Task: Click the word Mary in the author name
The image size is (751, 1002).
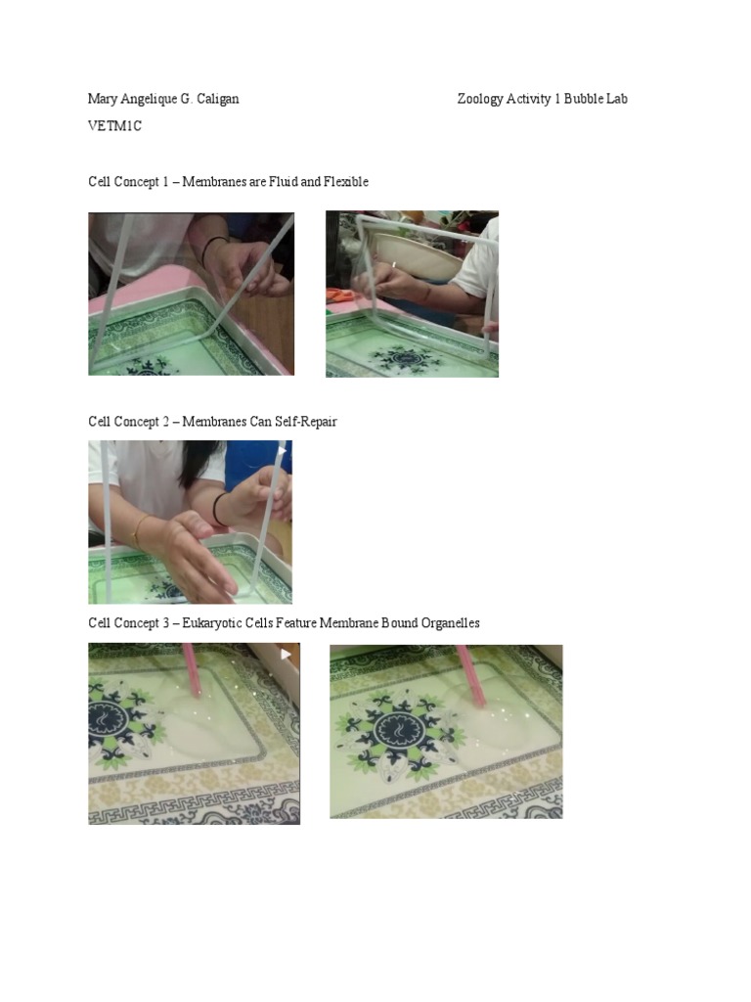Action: [103, 99]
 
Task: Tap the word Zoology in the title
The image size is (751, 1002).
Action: [480, 99]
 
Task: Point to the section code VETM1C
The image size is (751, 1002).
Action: [114, 126]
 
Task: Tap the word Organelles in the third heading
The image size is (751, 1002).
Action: [449, 623]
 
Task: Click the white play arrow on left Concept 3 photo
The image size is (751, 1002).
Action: [286, 654]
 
